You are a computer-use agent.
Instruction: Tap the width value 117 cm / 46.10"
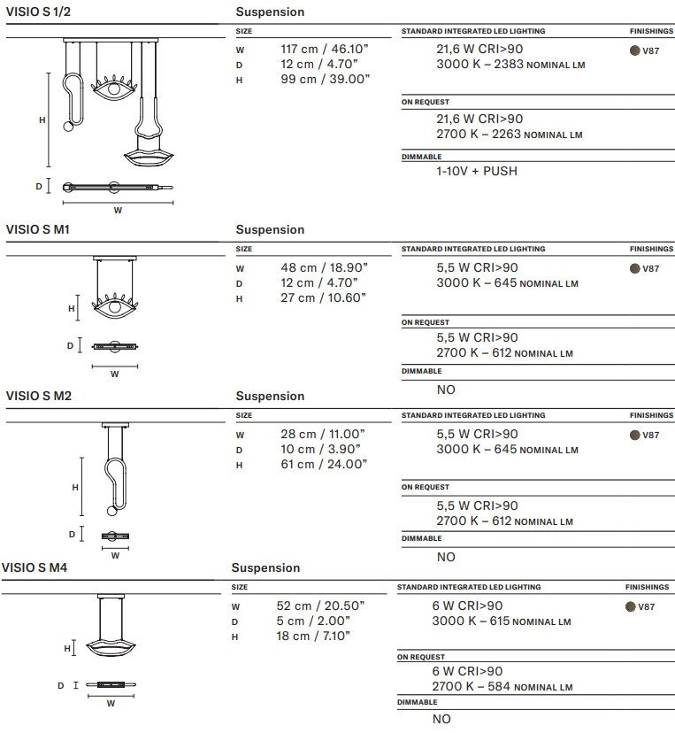(x=323, y=50)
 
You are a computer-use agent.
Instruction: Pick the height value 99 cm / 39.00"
(x=325, y=80)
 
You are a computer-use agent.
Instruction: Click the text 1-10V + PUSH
(x=477, y=171)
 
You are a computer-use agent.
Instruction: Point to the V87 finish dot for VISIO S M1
(x=634, y=269)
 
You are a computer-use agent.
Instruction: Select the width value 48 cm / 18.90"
(x=324, y=267)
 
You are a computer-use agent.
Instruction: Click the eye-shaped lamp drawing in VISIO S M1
(x=114, y=307)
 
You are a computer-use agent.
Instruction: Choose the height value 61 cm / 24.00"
(x=323, y=465)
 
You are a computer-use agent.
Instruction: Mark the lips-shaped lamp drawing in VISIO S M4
(x=111, y=646)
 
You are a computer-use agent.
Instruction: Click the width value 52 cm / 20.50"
(x=320, y=606)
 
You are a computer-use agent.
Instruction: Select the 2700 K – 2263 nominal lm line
(x=510, y=135)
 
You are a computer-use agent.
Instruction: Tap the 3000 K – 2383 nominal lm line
(x=510, y=65)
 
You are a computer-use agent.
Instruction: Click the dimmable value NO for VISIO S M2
(x=446, y=557)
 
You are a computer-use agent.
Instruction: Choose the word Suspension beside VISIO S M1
(x=270, y=230)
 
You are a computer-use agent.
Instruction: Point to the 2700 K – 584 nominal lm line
(x=502, y=687)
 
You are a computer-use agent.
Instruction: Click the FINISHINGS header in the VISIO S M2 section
(x=651, y=415)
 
